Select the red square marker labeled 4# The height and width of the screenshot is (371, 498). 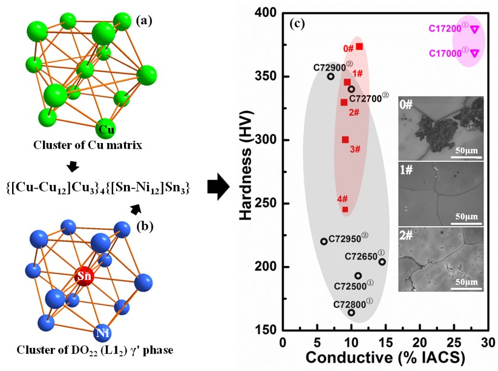[345, 210]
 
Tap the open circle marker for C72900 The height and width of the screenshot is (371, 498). [331, 76]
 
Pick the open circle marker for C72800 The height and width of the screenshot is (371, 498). [352, 313]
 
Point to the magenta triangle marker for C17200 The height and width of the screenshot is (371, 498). [474, 29]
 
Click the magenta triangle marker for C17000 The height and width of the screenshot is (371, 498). [474, 53]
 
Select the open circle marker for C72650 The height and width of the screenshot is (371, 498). [382, 262]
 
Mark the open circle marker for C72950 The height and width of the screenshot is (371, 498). [324, 241]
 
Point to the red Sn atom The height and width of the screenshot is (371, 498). [84, 277]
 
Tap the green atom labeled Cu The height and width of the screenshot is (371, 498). [106, 129]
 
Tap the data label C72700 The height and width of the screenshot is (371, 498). [369, 98]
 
